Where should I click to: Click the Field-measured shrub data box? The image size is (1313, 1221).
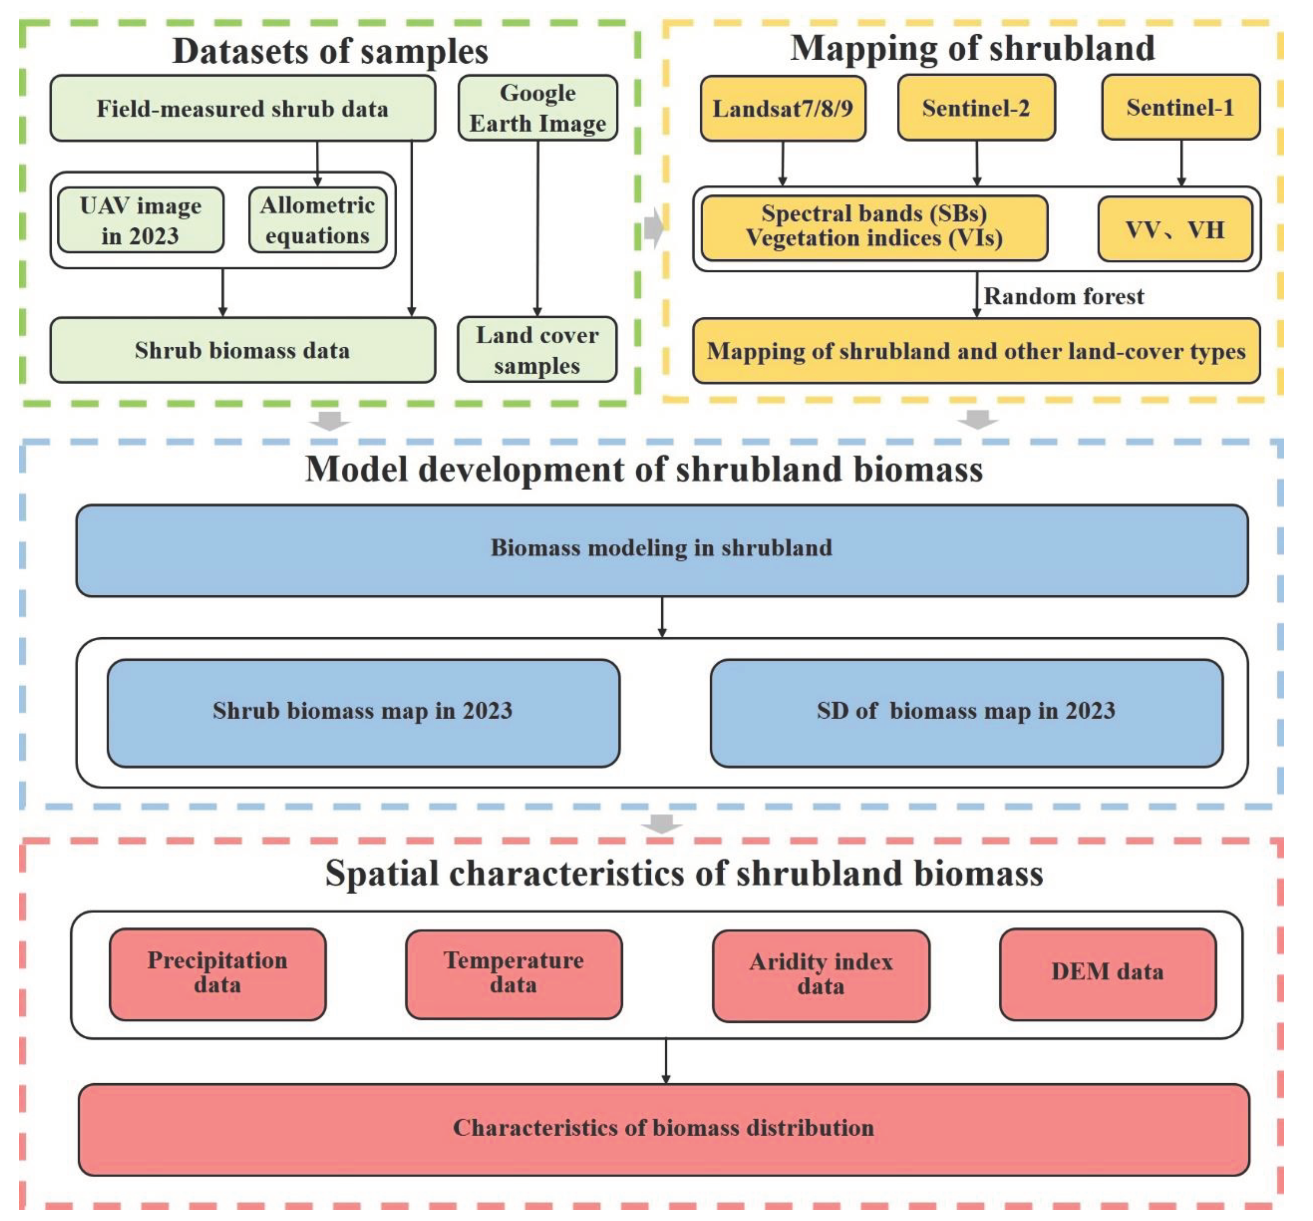(242, 108)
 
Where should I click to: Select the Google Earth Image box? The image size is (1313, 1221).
(538, 108)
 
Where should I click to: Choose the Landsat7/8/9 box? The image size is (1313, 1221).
(783, 108)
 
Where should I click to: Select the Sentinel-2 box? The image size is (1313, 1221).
(976, 108)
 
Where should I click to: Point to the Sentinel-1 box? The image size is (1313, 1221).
(1180, 107)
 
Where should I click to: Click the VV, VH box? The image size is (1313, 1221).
(1174, 229)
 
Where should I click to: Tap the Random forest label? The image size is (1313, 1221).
(1063, 296)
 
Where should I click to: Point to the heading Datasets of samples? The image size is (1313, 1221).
(330, 51)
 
